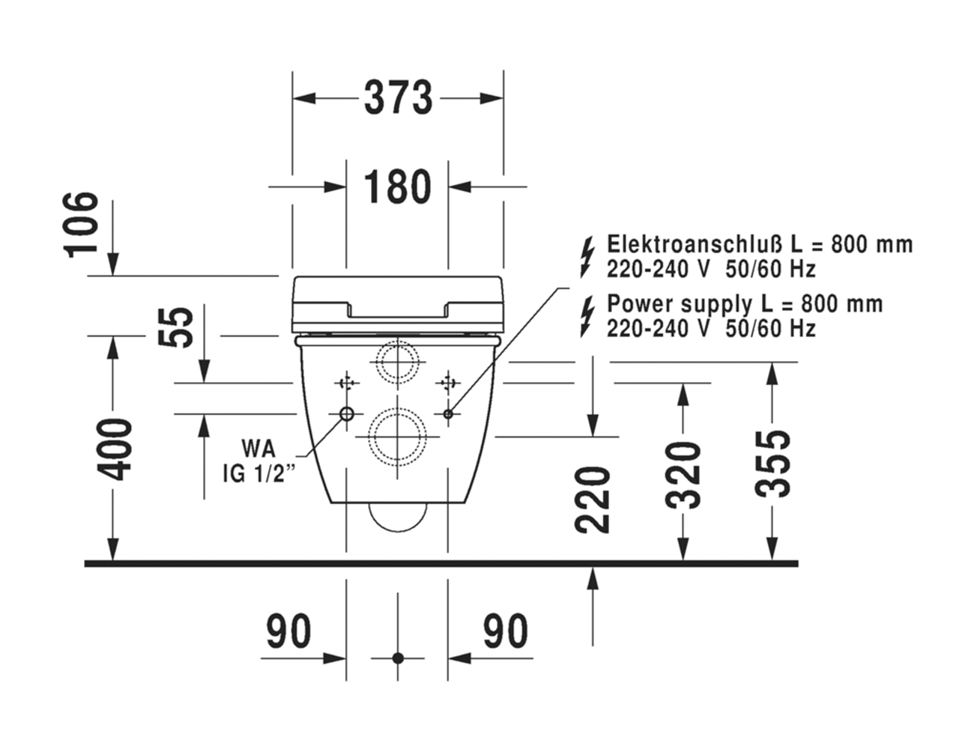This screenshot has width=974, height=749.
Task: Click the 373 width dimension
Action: pos(398,98)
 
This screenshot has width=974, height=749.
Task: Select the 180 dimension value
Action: pos(398,187)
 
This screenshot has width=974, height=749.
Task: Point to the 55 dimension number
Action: pos(176,327)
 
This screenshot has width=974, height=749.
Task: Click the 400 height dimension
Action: pos(115,449)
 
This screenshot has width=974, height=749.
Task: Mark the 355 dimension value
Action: pos(772,464)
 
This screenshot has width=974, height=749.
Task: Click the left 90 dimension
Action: pos(288,631)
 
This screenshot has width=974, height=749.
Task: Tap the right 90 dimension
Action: pos(506,631)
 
